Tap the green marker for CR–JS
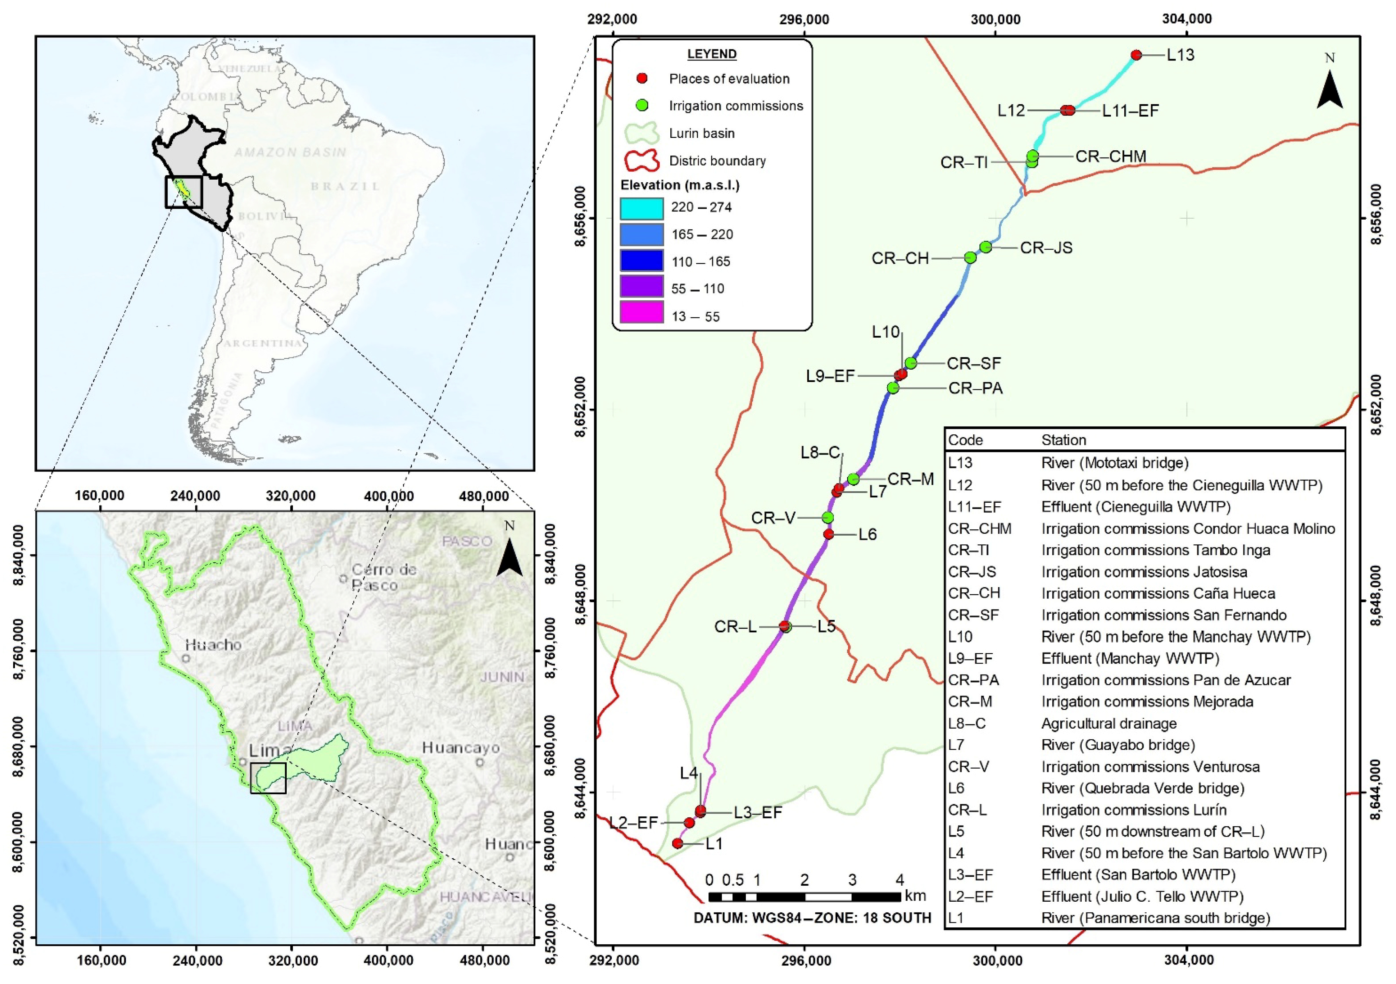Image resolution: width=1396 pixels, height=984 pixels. coord(986,247)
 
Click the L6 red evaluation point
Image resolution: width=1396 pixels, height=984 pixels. coord(828,534)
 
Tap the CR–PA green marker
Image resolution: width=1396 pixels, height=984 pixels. coord(893,388)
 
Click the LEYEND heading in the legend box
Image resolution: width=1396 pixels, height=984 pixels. coord(711,54)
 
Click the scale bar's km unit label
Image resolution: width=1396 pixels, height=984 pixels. coord(915,896)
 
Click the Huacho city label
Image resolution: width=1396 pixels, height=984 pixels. coord(213,645)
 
